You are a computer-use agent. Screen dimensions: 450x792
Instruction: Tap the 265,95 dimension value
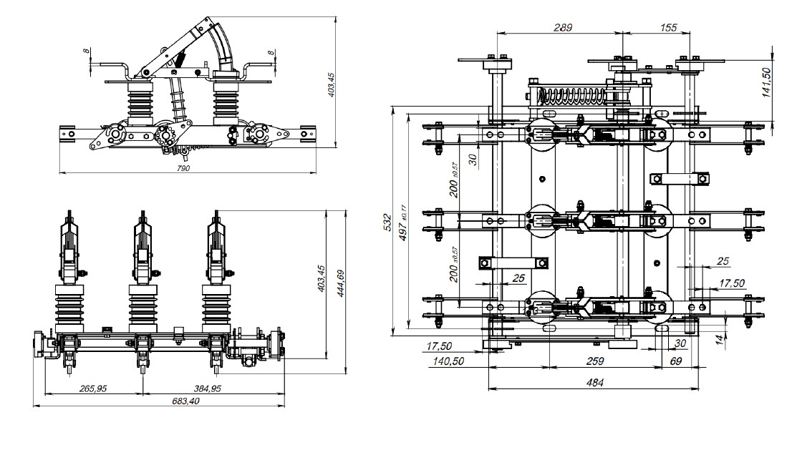click(x=92, y=388)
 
